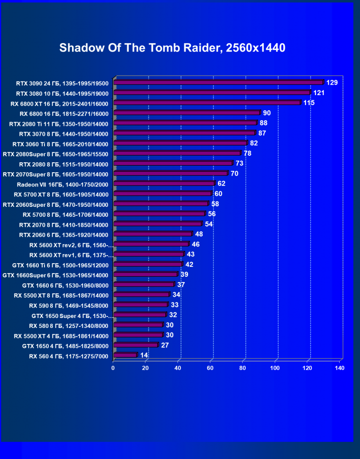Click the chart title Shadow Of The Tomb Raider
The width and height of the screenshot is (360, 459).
pos(172,48)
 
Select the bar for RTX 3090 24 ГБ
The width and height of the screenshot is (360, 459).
pos(218,83)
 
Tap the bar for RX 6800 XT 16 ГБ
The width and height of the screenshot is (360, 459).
pos(207,103)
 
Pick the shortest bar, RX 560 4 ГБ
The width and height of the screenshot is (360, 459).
pos(125,355)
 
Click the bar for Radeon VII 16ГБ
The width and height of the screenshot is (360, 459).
pos(164,184)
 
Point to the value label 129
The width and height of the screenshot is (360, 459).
pos(332,83)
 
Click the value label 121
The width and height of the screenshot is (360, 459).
pos(318,93)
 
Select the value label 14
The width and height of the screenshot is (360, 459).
pos(144,355)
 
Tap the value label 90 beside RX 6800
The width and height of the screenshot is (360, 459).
pos(267,113)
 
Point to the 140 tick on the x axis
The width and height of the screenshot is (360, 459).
pos(339,368)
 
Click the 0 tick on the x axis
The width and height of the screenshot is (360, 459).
pos(113,368)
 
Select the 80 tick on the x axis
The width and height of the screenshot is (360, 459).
pos(243,368)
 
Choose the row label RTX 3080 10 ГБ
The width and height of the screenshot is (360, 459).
pos(63,94)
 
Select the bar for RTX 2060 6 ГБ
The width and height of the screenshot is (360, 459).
pos(153,234)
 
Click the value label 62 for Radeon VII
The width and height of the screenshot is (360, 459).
pos(221,184)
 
